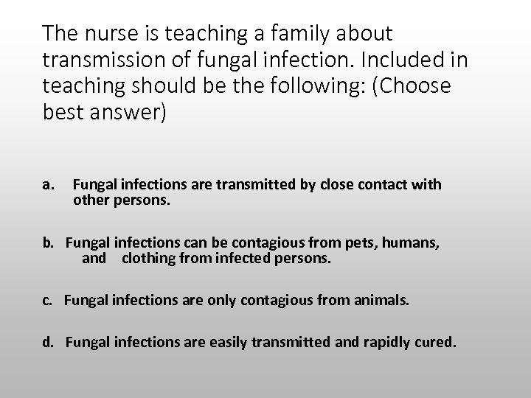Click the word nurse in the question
114,33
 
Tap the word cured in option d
437,342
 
